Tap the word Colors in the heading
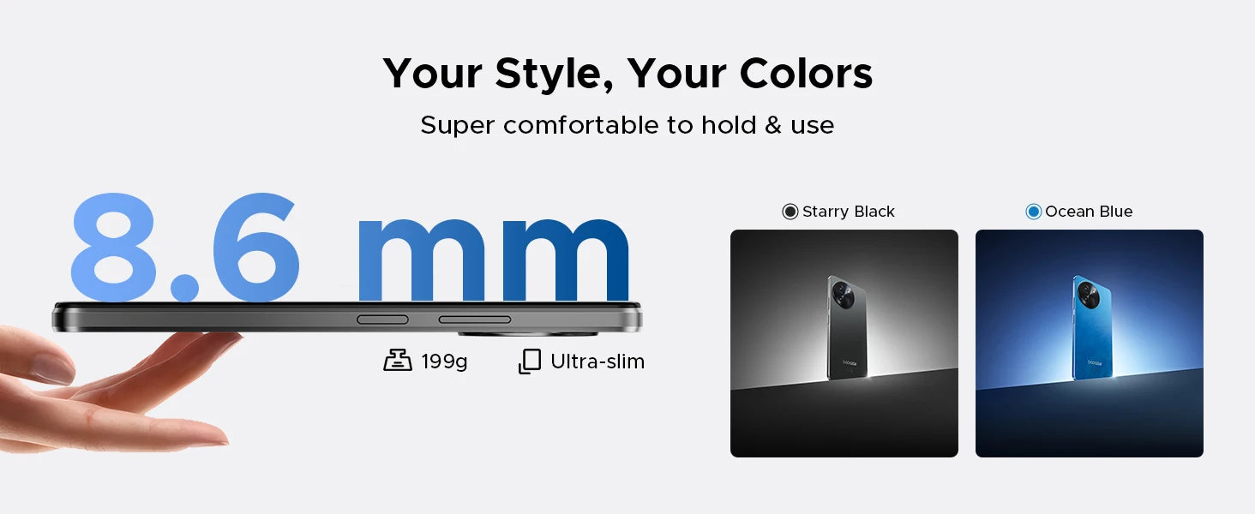coord(806,74)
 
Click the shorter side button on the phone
coord(382,320)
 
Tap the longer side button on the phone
coord(475,320)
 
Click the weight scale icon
coord(398,360)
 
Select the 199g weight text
coord(444,362)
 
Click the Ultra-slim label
coord(597,362)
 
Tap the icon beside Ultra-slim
coord(530,362)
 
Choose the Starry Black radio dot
coord(790,212)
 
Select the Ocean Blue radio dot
coord(1033,212)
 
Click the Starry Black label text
coord(849,212)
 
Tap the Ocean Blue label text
coord(1089,212)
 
